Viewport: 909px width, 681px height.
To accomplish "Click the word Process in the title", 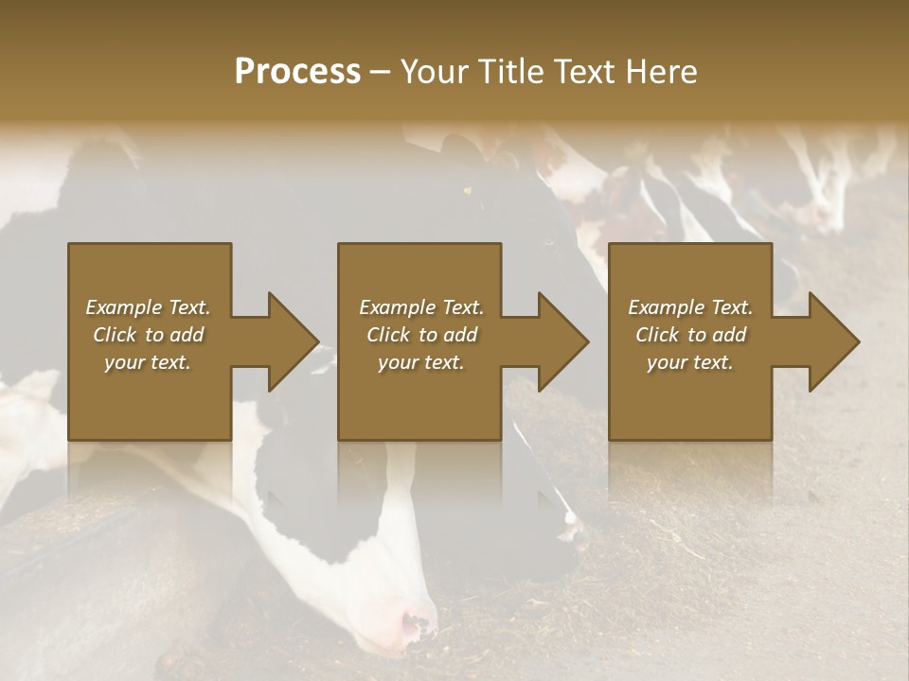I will pos(297,72).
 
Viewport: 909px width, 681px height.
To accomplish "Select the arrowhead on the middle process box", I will pos(562,341).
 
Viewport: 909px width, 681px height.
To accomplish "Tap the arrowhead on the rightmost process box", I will pos(833,341).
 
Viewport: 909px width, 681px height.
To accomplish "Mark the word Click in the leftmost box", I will pos(115,335).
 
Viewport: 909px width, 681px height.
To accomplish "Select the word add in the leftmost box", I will pos(187,335).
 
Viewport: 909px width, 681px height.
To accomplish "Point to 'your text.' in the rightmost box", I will pos(690,362).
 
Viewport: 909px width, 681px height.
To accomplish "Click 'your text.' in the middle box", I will pos(420,362).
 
